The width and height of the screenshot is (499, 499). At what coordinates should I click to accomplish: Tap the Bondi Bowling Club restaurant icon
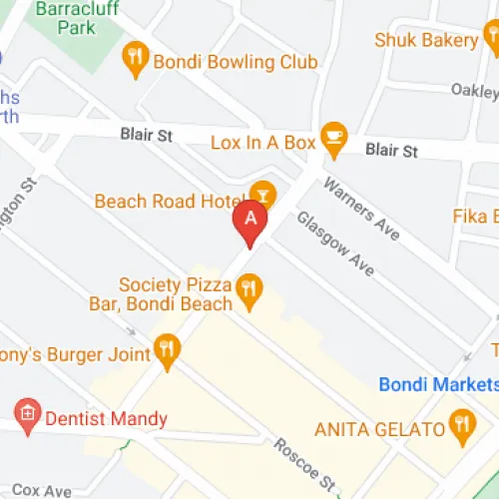[135, 60]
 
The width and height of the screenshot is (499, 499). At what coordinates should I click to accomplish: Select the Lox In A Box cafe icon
[332, 142]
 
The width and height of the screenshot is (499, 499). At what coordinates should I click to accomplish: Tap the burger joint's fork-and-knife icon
[167, 350]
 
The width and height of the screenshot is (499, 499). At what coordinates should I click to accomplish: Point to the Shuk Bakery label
[426, 40]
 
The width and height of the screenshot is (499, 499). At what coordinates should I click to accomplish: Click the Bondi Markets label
[437, 384]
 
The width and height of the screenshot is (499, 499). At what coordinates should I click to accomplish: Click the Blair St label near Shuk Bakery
[391, 150]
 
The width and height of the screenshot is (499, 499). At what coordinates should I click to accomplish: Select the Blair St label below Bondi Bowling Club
[146, 132]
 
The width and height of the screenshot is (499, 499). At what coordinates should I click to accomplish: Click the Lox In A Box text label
[260, 143]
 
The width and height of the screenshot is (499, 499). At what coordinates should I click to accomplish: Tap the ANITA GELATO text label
[378, 430]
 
